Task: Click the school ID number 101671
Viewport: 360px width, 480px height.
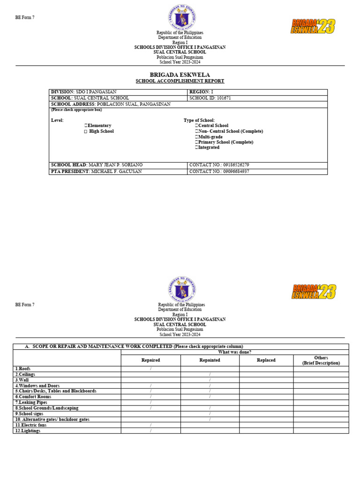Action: coord(224,98)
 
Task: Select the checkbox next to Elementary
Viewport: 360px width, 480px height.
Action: coord(86,126)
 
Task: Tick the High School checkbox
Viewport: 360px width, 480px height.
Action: coord(86,132)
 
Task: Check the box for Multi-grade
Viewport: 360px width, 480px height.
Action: coord(197,137)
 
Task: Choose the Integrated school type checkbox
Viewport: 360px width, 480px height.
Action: coord(197,147)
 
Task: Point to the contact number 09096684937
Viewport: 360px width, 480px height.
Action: coord(233,172)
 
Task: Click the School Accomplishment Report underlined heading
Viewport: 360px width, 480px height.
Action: coord(180,81)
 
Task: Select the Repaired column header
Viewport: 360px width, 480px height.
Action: coord(150,360)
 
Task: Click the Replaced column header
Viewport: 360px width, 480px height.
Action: coord(266,360)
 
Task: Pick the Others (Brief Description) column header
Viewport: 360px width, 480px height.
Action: coord(321,360)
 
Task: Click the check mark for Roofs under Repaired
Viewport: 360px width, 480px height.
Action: coord(150,369)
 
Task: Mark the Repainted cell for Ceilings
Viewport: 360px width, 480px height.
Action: coord(210,375)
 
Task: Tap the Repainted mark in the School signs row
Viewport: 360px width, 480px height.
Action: coord(210,414)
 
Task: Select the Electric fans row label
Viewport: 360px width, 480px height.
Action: coord(31,425)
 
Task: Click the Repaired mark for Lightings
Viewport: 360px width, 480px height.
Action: coord(150,431)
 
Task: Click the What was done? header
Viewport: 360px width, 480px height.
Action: coord(234,352)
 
